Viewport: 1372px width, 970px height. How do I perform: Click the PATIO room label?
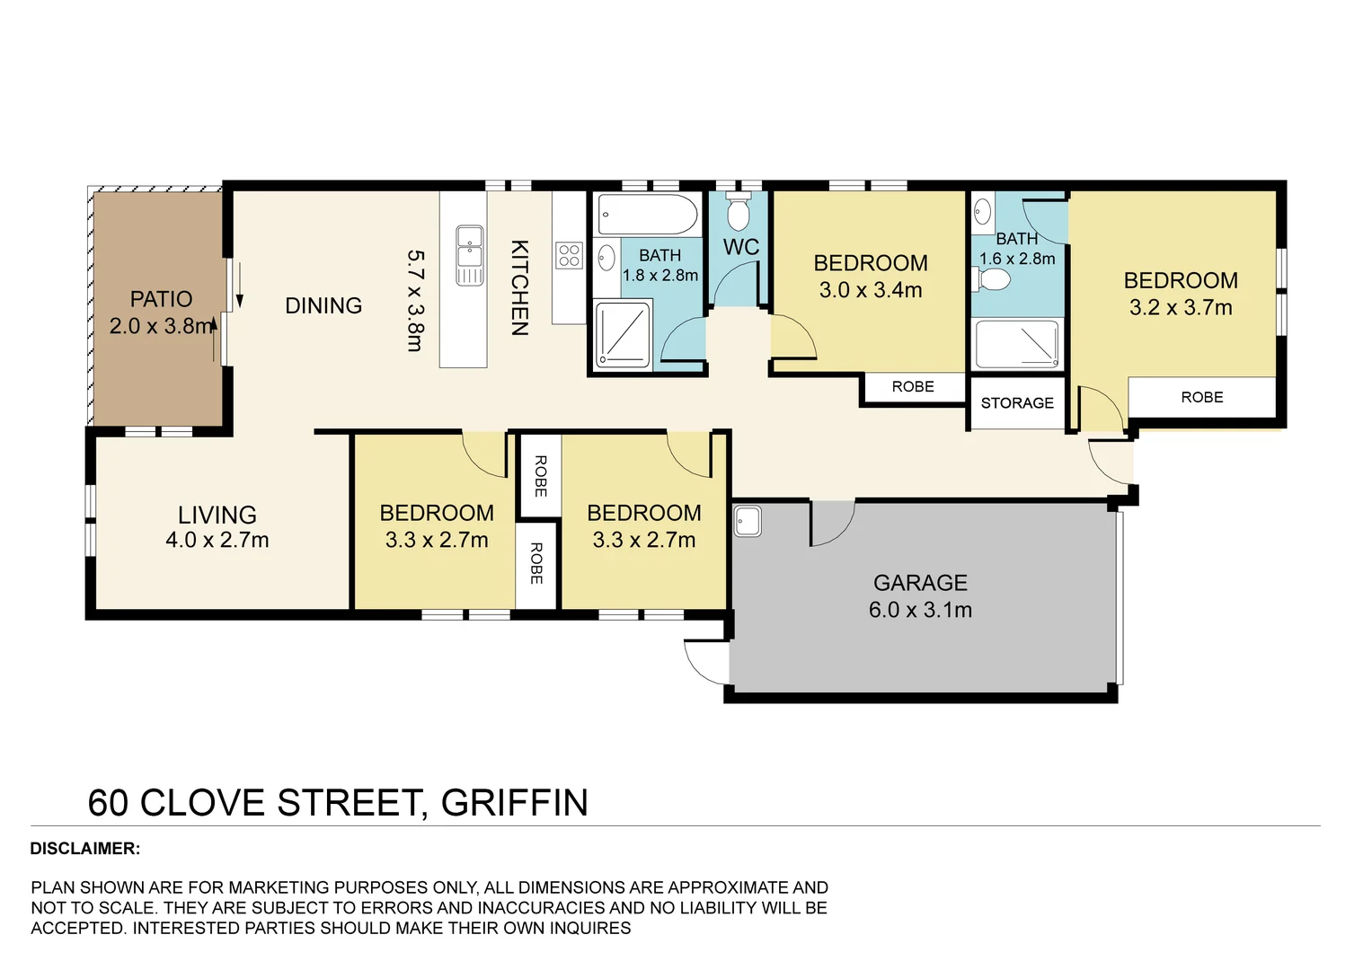161,299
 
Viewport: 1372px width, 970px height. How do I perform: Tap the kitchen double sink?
469,255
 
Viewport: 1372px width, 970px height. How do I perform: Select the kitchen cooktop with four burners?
569,255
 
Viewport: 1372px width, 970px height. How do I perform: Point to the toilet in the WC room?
738,212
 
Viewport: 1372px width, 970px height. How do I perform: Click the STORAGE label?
1017,403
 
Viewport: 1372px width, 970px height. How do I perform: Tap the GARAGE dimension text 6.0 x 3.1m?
920,610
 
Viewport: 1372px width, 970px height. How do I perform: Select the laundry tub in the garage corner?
748,521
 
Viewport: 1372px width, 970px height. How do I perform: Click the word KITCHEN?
519,287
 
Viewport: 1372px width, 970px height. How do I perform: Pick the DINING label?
323,306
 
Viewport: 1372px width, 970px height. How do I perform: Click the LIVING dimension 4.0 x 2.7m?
217,540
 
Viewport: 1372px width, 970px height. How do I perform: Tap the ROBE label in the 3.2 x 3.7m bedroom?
1202,397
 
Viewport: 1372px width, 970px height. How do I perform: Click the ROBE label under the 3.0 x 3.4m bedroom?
913,387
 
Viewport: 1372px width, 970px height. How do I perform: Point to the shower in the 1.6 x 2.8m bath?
1018,344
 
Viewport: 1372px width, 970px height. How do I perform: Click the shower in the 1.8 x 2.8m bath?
623,334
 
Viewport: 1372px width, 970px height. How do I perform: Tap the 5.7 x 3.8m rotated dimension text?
414,300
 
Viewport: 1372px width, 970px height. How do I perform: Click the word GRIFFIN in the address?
514,803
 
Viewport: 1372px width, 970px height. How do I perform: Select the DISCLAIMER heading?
85,849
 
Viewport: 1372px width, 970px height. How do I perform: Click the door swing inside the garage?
831,524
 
